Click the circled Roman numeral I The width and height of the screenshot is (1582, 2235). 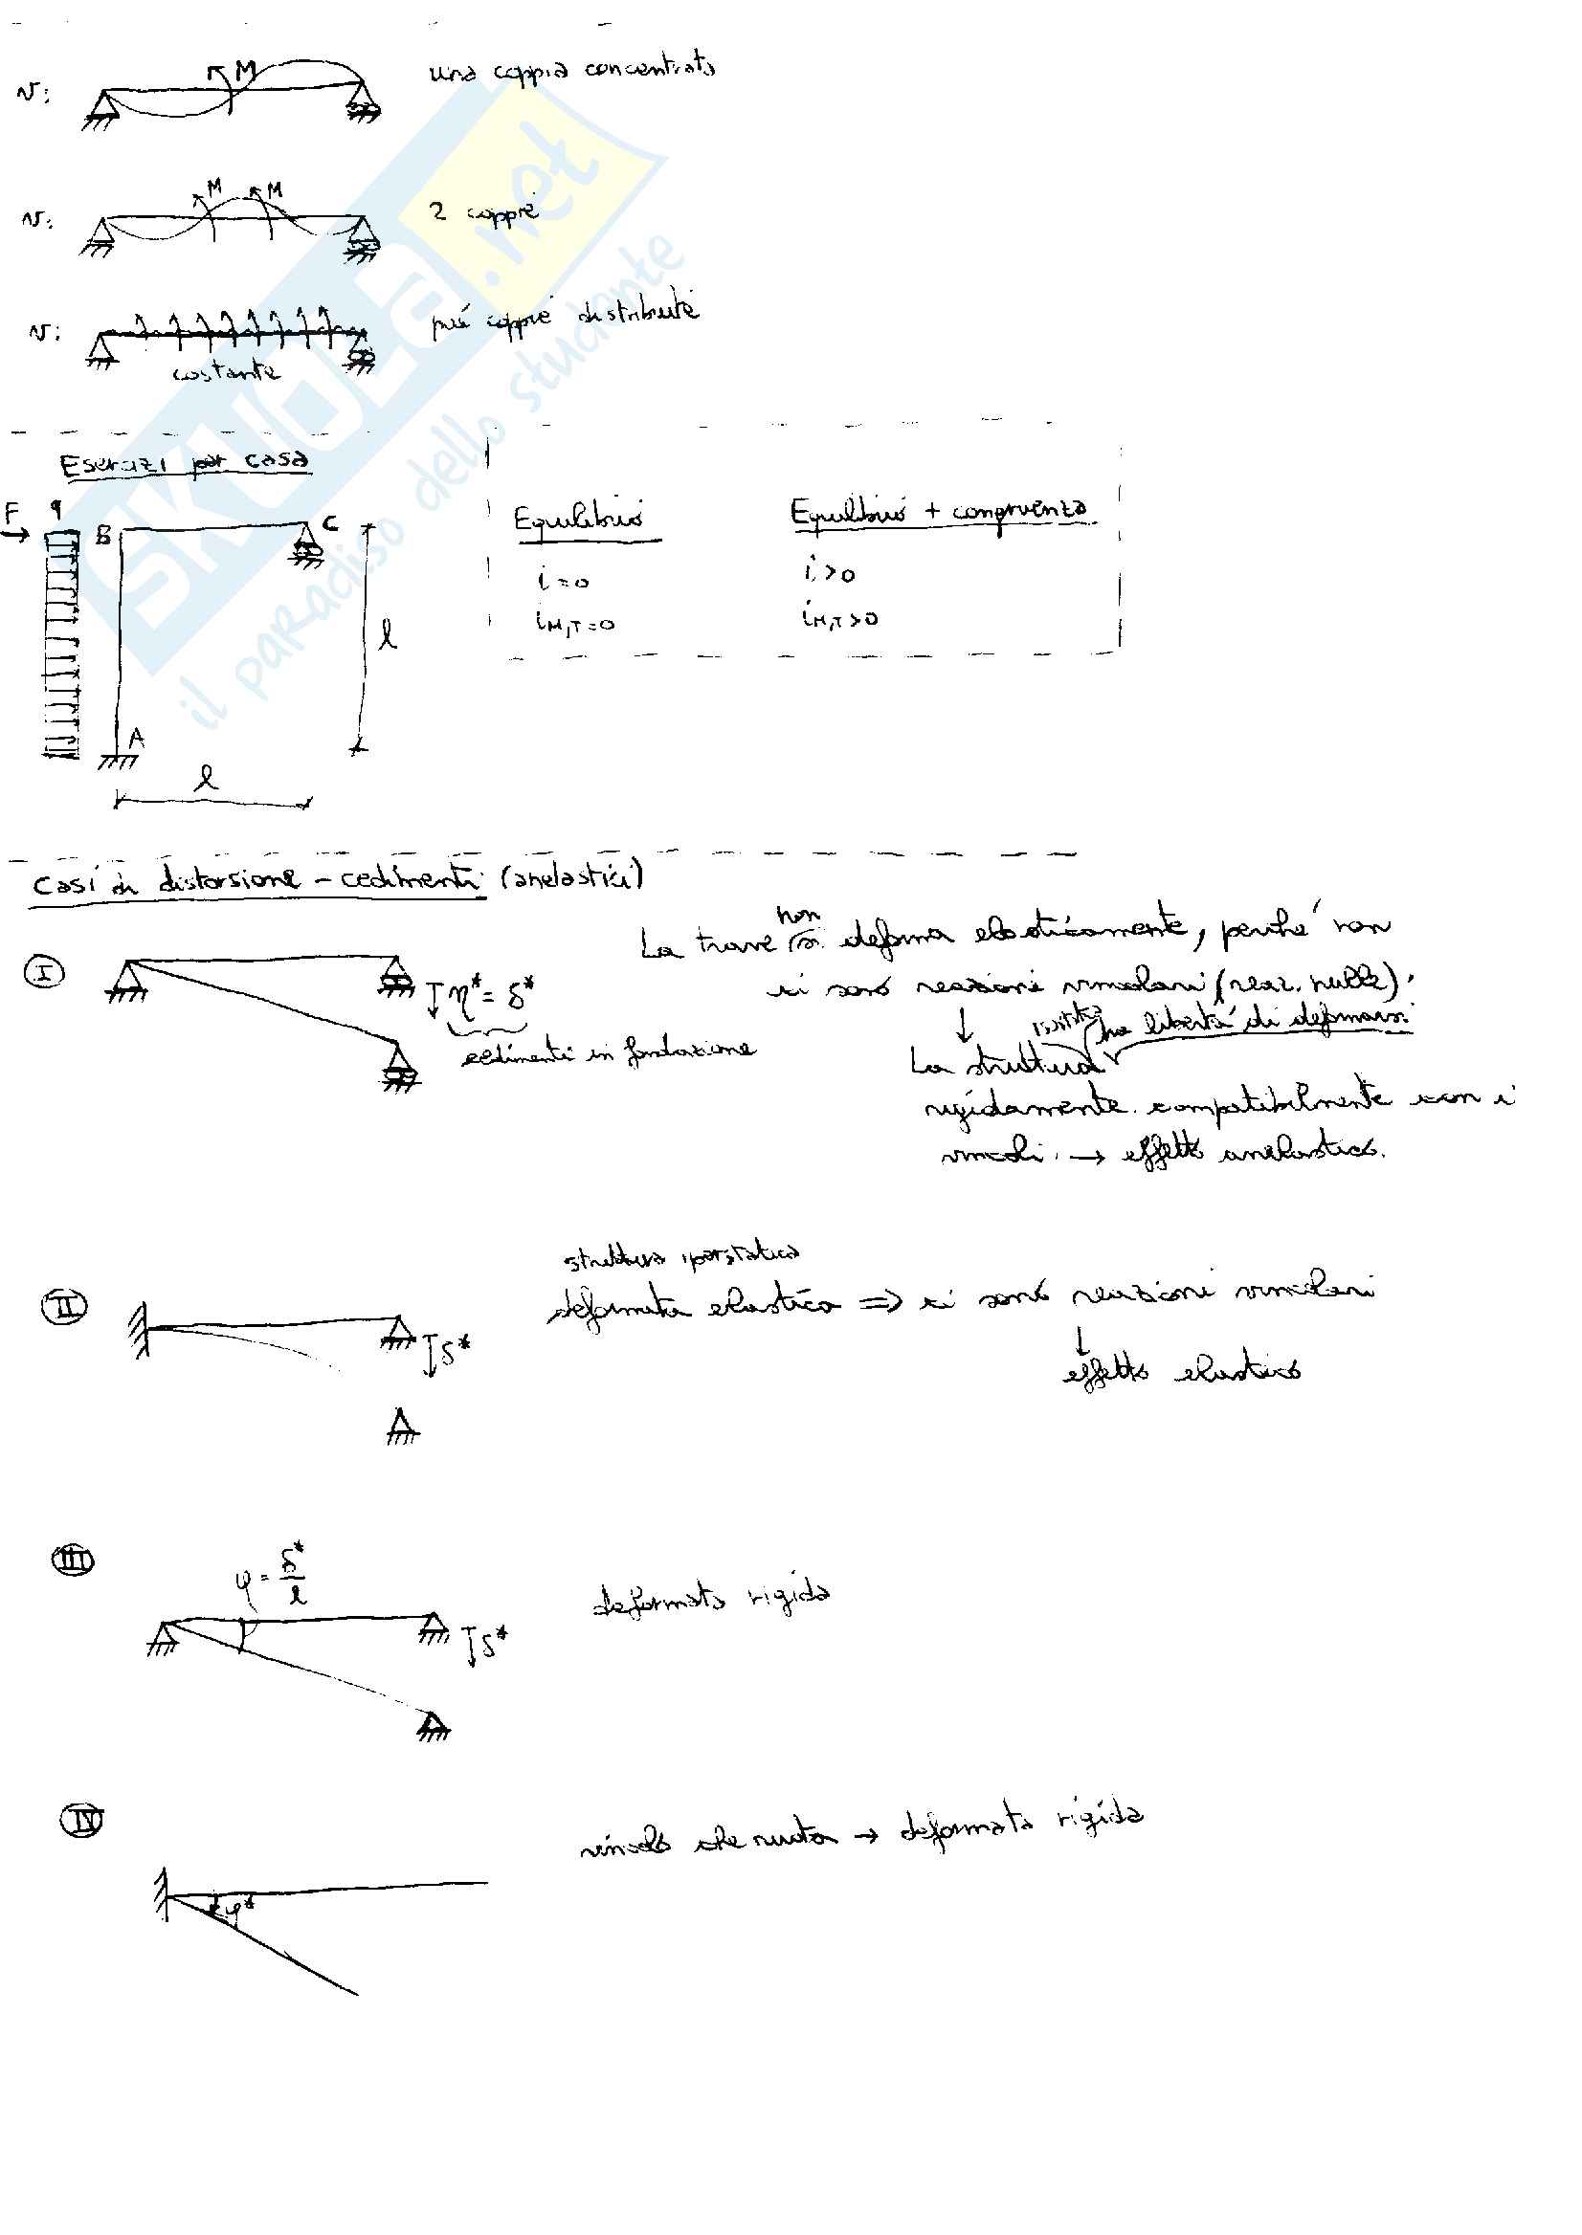[45, 972]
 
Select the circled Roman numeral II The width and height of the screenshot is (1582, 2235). [64, 1306]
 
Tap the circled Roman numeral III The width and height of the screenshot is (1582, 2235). [72, 1561]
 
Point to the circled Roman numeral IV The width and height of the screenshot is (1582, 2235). [82, 1820]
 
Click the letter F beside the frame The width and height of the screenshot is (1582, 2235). [12, 512]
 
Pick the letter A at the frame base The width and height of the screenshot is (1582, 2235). [136, 740]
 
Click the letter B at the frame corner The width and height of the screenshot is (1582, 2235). [103, 535]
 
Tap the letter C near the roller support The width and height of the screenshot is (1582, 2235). [330, 524]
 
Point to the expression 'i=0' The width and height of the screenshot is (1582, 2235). [562, 581]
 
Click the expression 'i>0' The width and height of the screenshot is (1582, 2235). [829, 573]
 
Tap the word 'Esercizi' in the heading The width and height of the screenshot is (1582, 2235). [115, 465]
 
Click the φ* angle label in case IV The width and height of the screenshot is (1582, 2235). [234, 1910]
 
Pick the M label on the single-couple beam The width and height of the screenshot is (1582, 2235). [244, 70]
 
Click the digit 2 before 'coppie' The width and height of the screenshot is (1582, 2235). [438, 211]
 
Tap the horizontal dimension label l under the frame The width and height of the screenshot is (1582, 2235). [206, 777]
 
